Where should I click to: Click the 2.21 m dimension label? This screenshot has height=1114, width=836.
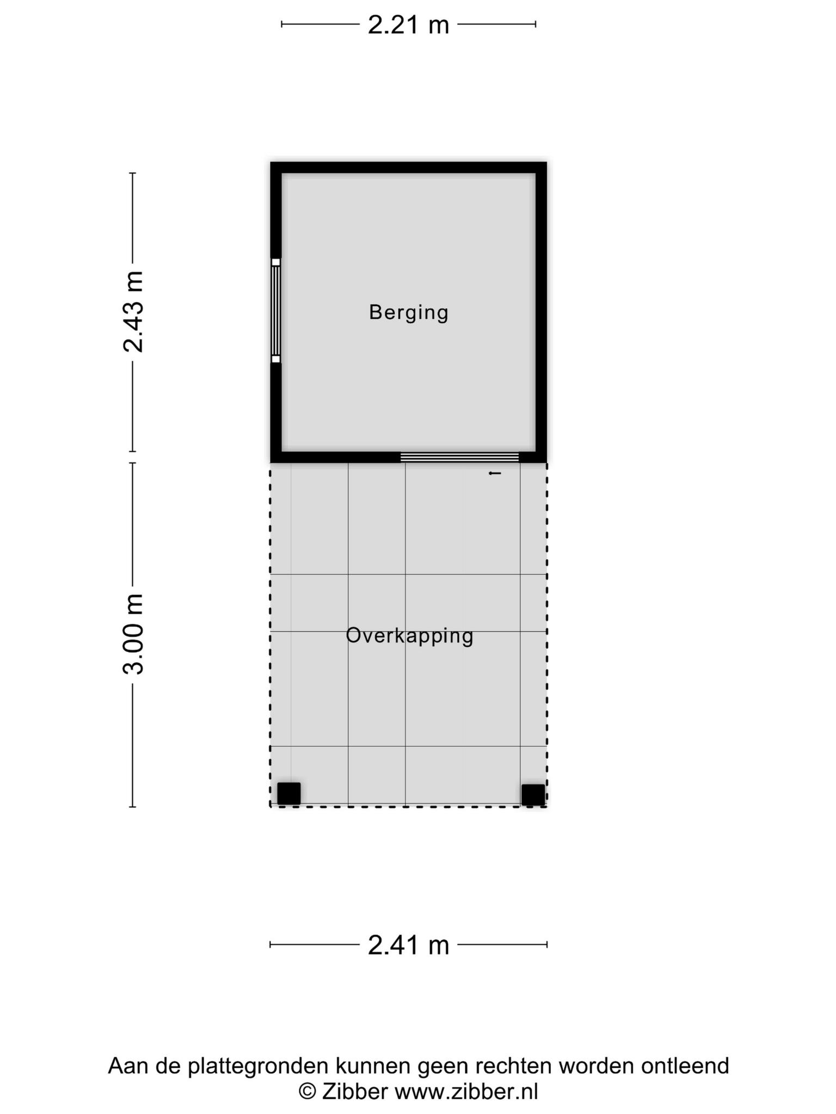408,25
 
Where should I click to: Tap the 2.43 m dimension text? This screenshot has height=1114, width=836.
133,312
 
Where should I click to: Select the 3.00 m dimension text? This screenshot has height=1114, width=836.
133,634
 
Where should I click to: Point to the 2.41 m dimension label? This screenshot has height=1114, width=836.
408,945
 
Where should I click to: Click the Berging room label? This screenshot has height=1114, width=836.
408,312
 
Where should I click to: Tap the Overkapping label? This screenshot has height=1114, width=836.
409,635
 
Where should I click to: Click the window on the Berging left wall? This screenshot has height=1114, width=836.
276,311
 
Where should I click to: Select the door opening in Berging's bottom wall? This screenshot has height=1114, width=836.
459,457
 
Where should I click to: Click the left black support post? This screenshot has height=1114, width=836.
288,793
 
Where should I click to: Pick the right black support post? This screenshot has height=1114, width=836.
533,794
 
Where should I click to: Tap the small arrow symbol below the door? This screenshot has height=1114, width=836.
495,473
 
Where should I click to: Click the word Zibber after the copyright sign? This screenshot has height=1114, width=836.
355,1091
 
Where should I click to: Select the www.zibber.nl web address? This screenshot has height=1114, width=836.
466,1091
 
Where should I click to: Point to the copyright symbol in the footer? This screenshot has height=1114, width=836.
308,1091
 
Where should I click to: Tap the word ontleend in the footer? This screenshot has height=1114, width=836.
685,1066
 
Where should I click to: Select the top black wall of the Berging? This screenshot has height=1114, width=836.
408,167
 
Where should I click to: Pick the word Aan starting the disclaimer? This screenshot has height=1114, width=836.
127,1066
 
